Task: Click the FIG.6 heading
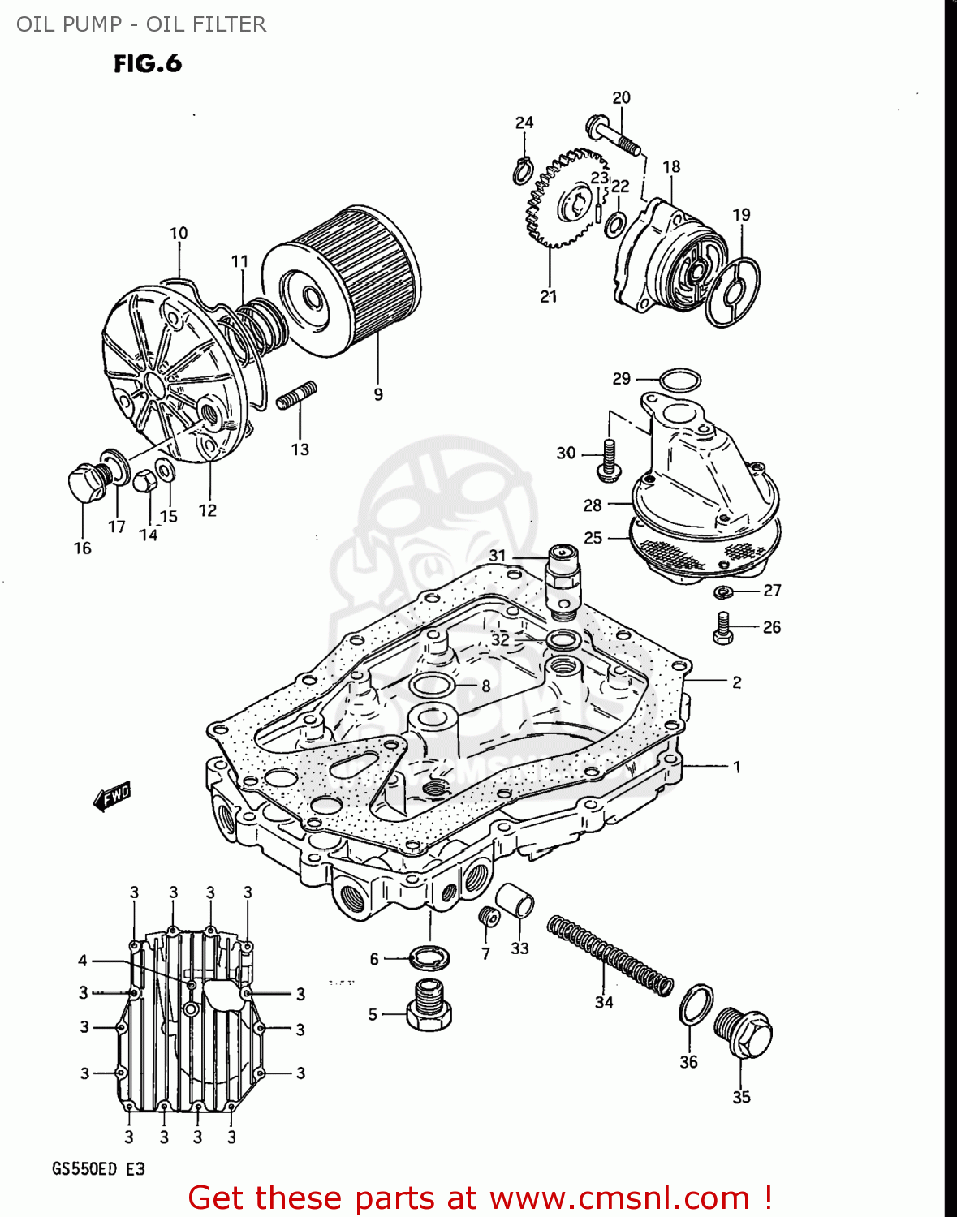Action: click(x=148, y=64)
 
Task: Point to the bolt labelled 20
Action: click(x=612, y=135)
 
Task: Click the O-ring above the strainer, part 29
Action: click(x=679, y=380)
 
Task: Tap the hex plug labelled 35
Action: click(x=744, y=1033)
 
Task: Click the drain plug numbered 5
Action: click(x=428, y=1006)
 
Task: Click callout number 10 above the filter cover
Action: click(x=179, y=234)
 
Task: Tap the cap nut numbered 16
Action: click(x=84, y=484)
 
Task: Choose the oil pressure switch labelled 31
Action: click(x=563, y=578)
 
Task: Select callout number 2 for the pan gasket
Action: click(x=736, y=682)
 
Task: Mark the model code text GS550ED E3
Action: click(x=98, y=1169)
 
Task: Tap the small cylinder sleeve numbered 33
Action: click(x=515, y=900)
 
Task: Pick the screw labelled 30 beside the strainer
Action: click(x=608, y=457)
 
